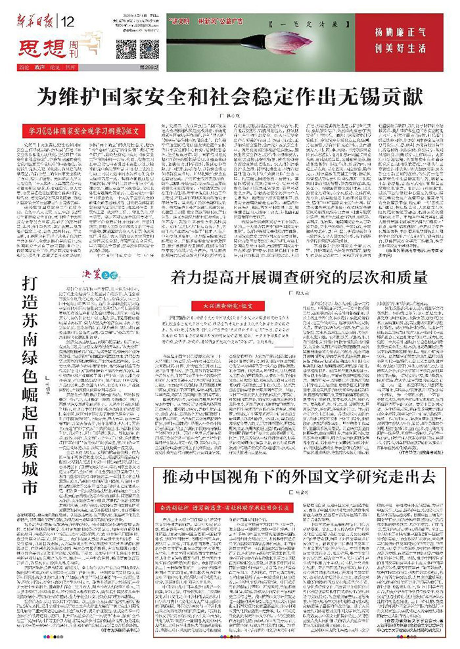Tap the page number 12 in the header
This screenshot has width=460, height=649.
tap(69, 20)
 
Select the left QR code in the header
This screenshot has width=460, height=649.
tap(126, 48)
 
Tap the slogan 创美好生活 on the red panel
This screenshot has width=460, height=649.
tap(401, 48)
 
